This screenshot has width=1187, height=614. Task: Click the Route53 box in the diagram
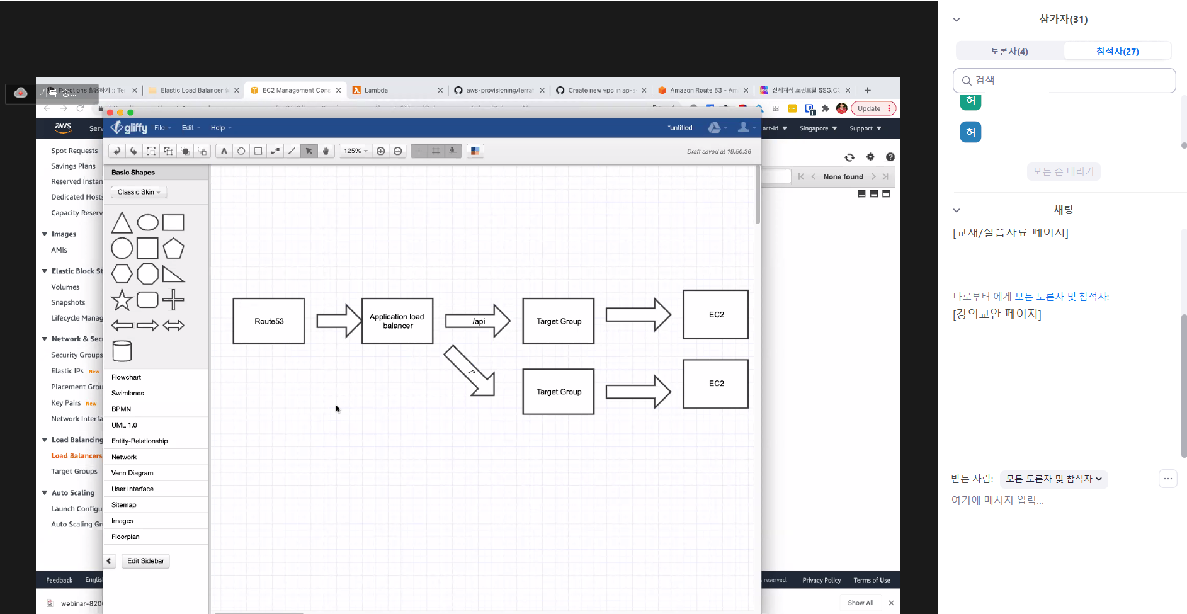269,321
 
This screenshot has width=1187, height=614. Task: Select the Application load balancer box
397,321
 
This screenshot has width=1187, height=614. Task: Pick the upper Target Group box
559,321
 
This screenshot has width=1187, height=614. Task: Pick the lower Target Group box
559,392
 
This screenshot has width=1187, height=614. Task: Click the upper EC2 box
716,314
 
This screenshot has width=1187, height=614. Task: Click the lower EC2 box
716,384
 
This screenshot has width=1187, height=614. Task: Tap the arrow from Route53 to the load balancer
339,321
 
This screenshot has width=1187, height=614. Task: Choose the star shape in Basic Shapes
122,300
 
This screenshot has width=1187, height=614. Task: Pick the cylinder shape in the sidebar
122,351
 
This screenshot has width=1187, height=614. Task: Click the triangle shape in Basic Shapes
122,224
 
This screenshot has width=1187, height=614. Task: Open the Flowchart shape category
127,377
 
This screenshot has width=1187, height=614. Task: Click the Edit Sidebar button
145,561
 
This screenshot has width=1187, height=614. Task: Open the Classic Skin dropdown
139,192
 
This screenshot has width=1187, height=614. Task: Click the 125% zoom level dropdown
355,151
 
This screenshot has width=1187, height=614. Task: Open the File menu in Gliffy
160,128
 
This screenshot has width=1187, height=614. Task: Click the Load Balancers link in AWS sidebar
76,456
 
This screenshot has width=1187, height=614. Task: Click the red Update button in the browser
873,108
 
